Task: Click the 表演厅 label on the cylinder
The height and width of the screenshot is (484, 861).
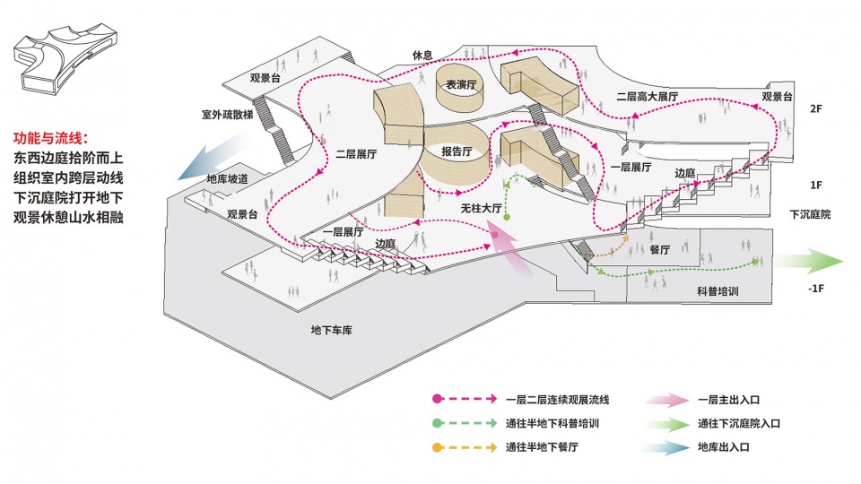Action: (x=461, y=85)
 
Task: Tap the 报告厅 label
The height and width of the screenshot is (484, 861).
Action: (x=457, y=151)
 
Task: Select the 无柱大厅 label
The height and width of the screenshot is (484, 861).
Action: (x=481, y=209)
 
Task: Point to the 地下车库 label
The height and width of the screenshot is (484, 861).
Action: (x=332, y=331)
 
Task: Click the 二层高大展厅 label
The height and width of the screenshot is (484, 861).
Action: (x=647, y=97)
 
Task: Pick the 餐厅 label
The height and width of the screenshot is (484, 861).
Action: (x=659, y=250)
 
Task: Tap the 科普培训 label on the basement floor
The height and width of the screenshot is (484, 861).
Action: (x=717, y=291)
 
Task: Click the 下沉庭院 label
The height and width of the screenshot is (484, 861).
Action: (x=810, y=214)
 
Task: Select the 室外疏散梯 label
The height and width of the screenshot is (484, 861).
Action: (x=227, y=115)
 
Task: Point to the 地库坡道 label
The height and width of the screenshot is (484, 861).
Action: (x=227, y=179)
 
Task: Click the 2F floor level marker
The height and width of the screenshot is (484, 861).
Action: (x=816, y=108)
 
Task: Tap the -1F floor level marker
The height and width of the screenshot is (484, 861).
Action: (x=816, y=289)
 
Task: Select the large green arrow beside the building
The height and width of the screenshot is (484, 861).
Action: (x=807, y=261)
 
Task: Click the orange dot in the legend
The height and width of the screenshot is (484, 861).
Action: (x=437, y=447)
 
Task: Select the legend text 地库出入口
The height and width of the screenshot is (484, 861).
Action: (x=724, y=447)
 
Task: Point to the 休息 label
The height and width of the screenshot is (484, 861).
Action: (x=422, y=56)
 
